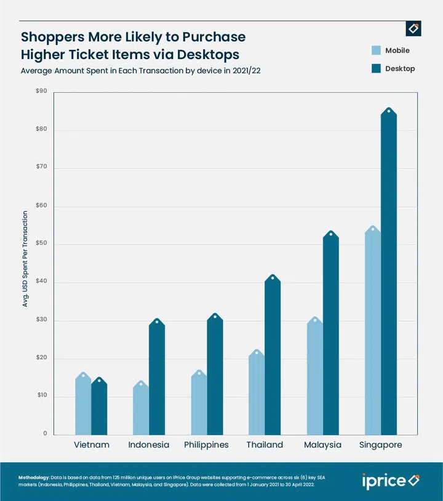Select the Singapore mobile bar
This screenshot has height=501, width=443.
[x=372, y=332]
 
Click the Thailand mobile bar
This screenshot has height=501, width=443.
[x=257, y=393]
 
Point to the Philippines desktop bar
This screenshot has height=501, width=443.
[x=215, y=375]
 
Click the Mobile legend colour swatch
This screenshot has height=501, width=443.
[x=376, y=50]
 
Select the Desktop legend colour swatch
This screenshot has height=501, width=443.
[x=376, y=69]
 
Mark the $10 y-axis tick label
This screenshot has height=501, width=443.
[x=42, y=396]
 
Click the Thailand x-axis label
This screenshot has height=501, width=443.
[x=265, y=444]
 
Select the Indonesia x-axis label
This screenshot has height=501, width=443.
[x=149, y=444]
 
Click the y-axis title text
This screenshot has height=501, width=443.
[x=25, y=259]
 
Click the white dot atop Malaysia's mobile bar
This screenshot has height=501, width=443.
[x=315, y=320]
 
